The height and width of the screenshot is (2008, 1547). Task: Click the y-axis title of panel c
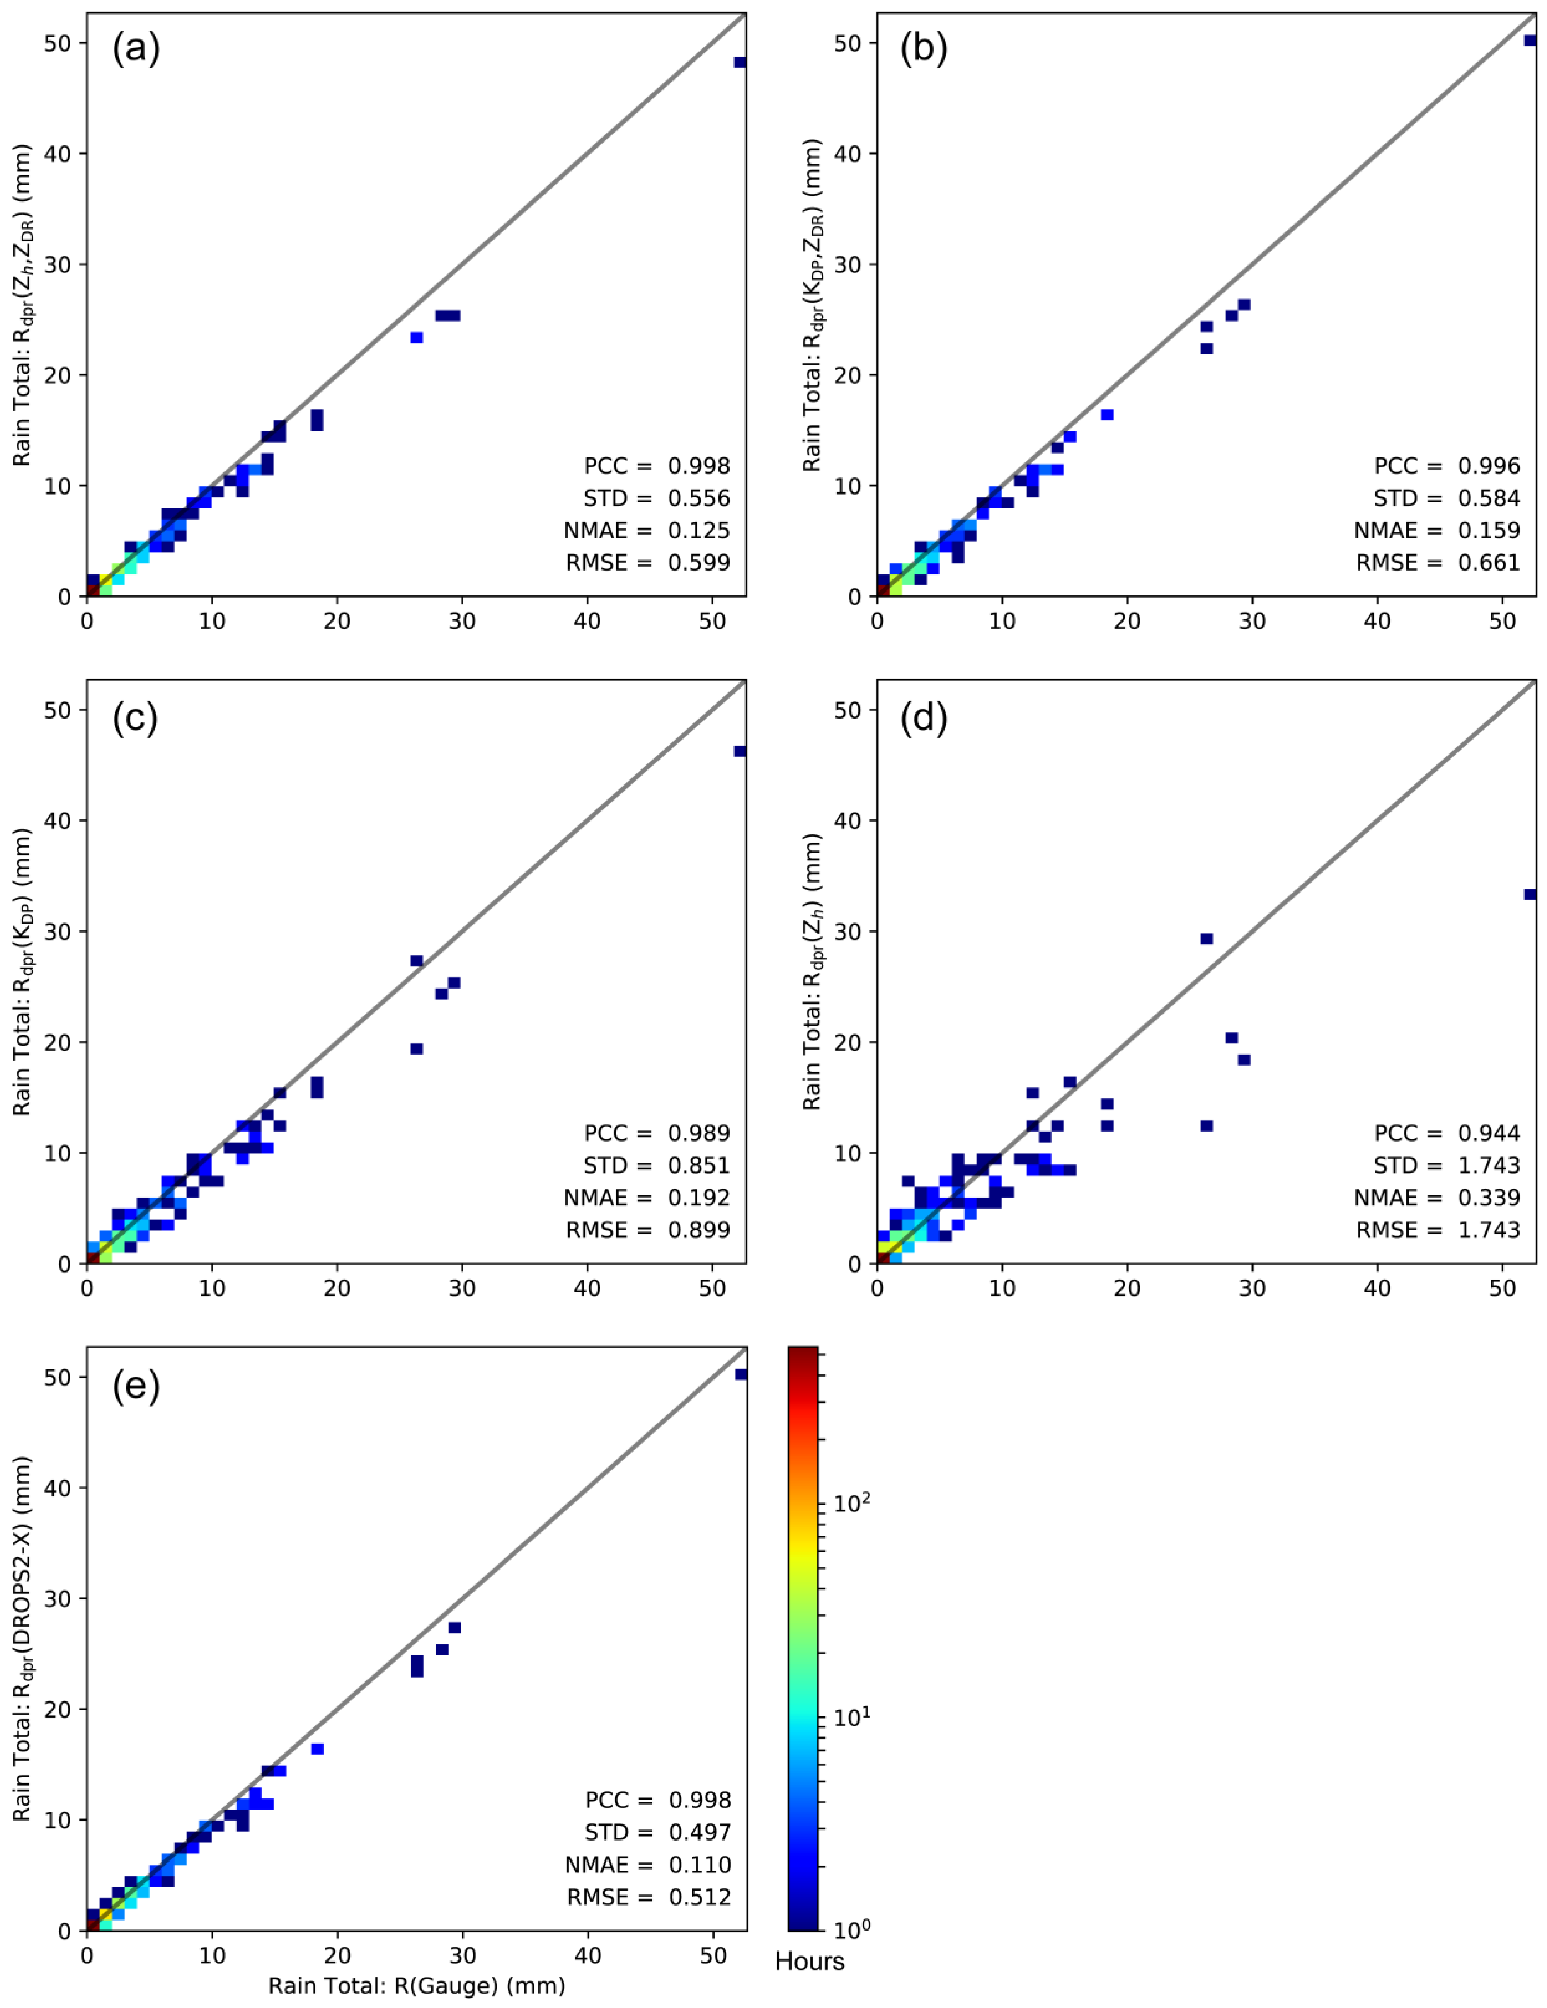23,972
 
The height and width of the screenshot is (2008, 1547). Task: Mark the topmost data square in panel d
1530,894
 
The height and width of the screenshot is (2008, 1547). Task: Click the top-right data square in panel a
740,62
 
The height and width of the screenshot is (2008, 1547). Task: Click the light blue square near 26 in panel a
417,337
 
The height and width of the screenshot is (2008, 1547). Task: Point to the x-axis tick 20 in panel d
1127,1288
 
